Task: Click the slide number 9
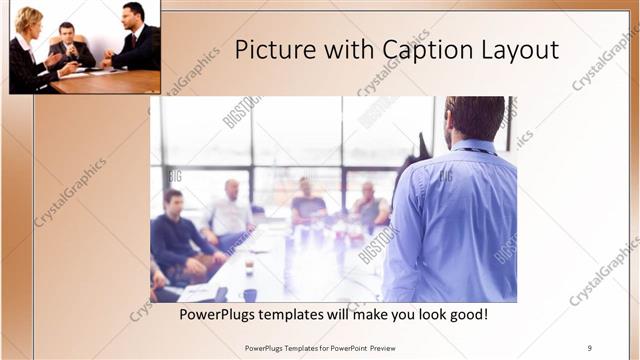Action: pos(590,347)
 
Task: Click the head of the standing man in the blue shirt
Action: pos(474,117)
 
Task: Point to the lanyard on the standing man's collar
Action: pos(477,150)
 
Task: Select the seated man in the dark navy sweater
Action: pos(176,230)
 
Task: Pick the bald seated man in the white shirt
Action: pos(231,210)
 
